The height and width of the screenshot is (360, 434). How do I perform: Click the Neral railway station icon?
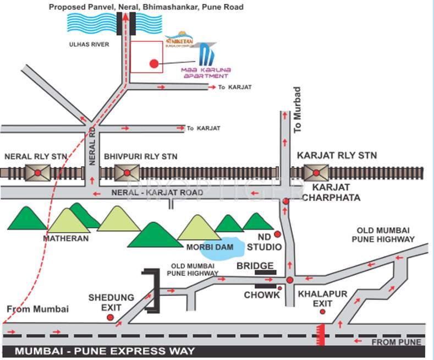(37, 173)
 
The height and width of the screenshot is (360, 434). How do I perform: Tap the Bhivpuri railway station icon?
(127, 173)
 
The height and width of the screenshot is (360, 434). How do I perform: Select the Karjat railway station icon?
(316, 173)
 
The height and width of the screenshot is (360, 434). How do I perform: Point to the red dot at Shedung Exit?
(110, 317)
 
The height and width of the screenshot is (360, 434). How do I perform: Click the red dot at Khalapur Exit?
(323, 312)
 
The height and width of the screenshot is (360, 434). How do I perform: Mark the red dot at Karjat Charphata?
(286, 202)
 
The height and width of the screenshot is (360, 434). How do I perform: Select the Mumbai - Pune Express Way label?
(104, 351)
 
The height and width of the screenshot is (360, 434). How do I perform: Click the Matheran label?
(66, 239)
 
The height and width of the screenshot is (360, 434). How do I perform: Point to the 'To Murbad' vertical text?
(298, 110)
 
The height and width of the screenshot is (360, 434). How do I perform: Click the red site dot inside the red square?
(154, 64)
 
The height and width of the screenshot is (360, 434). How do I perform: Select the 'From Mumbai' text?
(37, 309)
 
